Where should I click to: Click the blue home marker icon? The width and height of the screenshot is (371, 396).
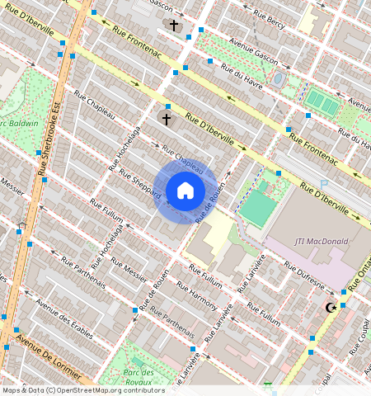(185, 191)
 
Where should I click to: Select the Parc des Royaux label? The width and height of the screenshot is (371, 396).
(142, 377)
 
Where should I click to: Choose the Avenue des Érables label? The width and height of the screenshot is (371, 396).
(63, 313)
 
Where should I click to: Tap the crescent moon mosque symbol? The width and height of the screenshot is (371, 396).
(331, 308)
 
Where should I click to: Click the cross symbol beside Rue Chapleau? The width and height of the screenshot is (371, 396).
(167, 120)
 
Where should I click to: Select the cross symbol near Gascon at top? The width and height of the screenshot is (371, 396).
(174, 26)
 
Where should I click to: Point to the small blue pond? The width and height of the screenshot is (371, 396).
(279, 79)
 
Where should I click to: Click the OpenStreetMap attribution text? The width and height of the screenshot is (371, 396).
(82, 390)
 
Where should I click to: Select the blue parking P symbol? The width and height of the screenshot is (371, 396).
(324, 183)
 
